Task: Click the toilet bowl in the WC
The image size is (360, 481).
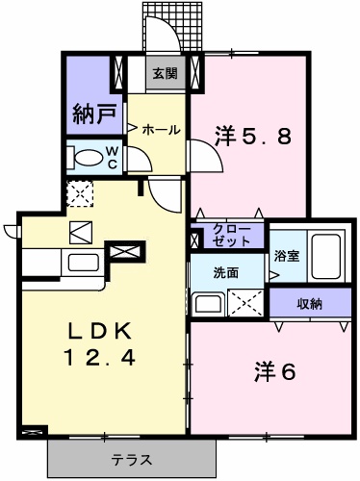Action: pos(89,156)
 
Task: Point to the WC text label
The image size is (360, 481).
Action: pos(112,156)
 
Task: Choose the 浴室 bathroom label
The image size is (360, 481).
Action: pos(286,256)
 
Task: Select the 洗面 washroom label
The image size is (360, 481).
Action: pos(227,272)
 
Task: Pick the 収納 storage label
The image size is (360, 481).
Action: pos(309,304)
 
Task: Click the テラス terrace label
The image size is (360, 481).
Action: pos(130,460)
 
